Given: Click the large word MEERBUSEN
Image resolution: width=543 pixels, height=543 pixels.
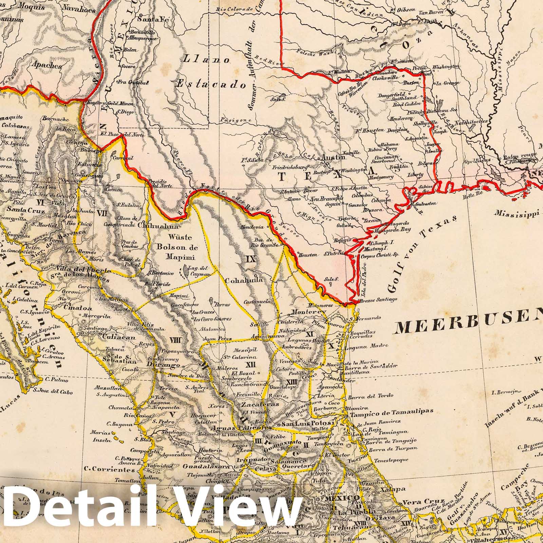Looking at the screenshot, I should (x=468, y=327).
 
